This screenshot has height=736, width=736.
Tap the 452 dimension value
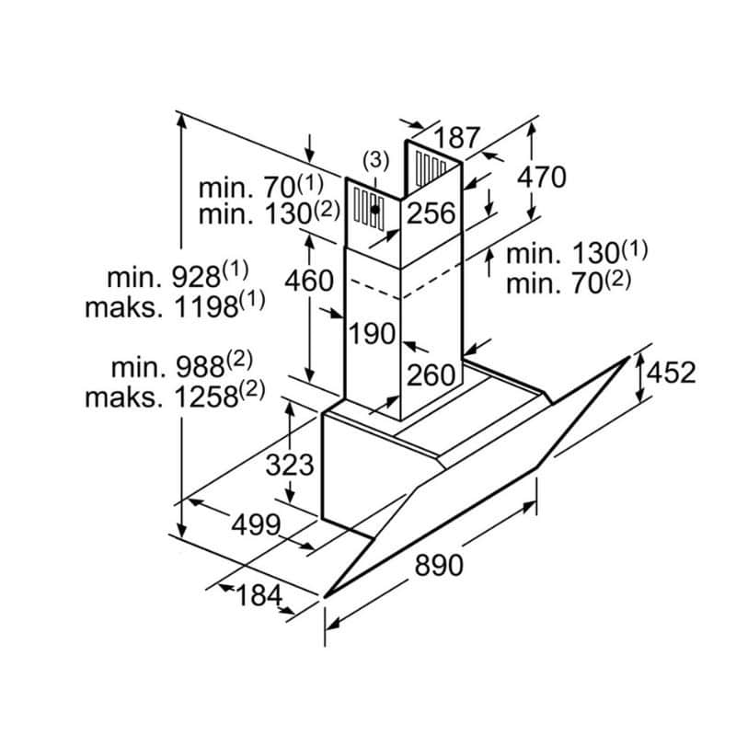[671, 373]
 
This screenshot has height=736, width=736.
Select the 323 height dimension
[289, 465]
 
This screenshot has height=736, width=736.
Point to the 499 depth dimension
[255, 525]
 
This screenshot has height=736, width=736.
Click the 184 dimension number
[258, 595]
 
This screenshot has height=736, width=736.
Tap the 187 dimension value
[457, 138]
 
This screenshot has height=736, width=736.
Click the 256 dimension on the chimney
[431, 213]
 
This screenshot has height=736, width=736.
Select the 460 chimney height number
[307, 280]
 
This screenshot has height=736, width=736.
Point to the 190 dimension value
[372, 333]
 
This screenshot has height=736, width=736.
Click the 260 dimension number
[431, 374]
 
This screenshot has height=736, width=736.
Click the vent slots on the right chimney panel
[429, 168]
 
